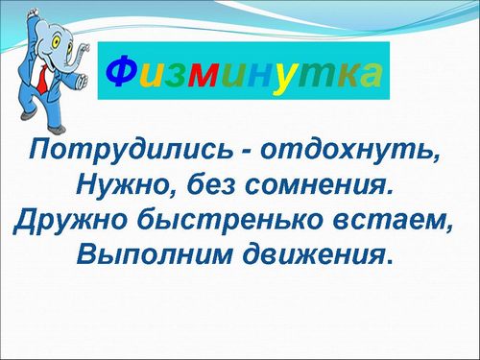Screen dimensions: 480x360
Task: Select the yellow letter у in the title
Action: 282,80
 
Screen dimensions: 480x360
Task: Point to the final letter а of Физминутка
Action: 371,76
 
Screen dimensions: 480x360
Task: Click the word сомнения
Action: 320,186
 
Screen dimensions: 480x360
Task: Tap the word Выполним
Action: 153,254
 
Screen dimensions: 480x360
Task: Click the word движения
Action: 317,254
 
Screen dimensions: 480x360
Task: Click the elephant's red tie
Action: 43,79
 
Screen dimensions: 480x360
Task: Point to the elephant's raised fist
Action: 33,13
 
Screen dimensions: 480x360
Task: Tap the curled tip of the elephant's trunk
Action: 84,48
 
